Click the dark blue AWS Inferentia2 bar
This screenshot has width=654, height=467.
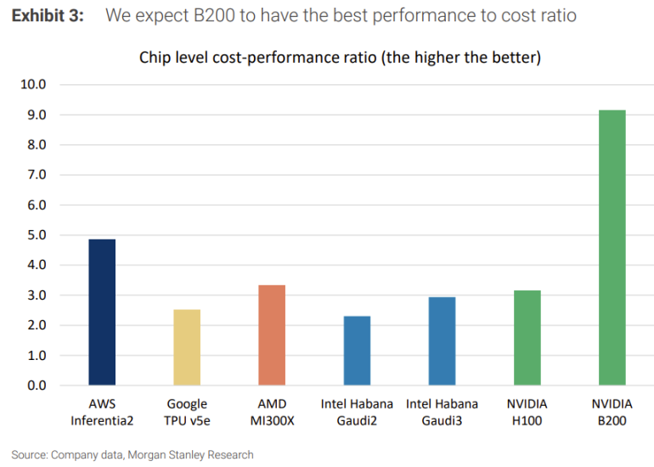coord(102,312)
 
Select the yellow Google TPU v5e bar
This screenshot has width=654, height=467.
coord(187,347)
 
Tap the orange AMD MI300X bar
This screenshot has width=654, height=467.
coord(272,335)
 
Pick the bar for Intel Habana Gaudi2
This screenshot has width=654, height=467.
coord(357,351)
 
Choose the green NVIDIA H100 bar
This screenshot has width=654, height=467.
coord(527,338)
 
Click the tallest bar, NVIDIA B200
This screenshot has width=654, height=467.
coord(612,248)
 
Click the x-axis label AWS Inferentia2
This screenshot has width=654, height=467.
coord(102,411)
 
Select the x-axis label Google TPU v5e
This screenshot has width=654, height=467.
coord(187,411)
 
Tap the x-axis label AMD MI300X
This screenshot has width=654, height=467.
coord(272,411)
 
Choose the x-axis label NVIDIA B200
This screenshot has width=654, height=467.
coord(612,411)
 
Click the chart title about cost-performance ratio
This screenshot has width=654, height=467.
coord(340,58)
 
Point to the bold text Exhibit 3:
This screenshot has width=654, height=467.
coord(48,16)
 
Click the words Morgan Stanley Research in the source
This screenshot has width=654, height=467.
coord(192,455)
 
